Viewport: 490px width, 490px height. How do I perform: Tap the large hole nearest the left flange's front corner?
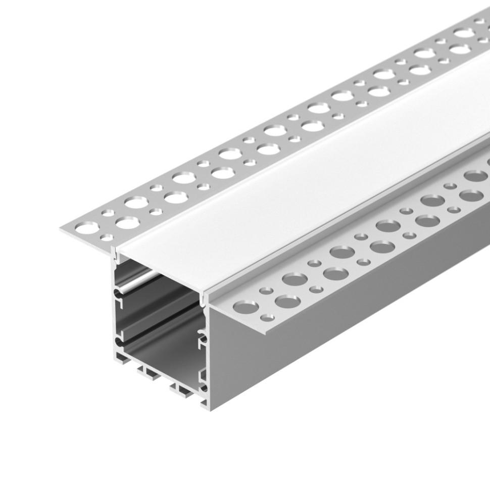pyautogui.click(x=86, y=228)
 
